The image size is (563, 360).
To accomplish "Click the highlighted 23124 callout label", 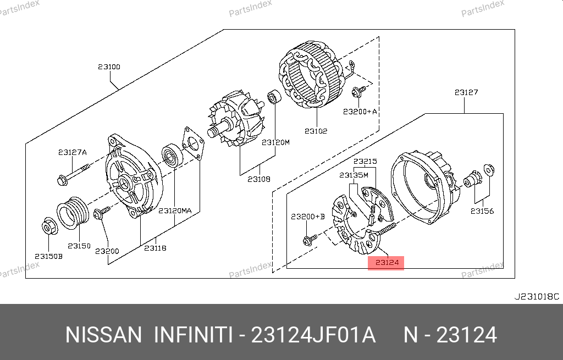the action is pyautogui.click(x=387, y=263).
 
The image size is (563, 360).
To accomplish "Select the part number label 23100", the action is pyautogui.click(x=109, y=67).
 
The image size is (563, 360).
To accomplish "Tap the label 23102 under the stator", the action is pyautogui.click(x=316, y=131).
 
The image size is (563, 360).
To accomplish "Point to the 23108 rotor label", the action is pyautogui.click(x=259, y=179).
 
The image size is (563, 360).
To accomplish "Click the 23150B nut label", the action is pyautogui.click(x=48, y=256).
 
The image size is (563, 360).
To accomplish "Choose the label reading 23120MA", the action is pyautogui.click(x=175, y=211).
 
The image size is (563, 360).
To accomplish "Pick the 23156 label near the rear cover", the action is pyautogui.click(x=482, y=211).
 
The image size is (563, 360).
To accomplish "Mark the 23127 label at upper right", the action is pyautogui.click(x=466, y=92).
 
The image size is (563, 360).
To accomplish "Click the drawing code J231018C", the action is pyautogui.click(x=537, y=297).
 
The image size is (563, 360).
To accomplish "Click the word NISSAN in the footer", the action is pyautogui.click(x=103, y=335).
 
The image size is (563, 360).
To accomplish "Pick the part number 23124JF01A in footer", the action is pyautogui.click(x=313, y=335).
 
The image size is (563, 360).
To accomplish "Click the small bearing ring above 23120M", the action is pyautogui.click(x=275, y=97).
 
